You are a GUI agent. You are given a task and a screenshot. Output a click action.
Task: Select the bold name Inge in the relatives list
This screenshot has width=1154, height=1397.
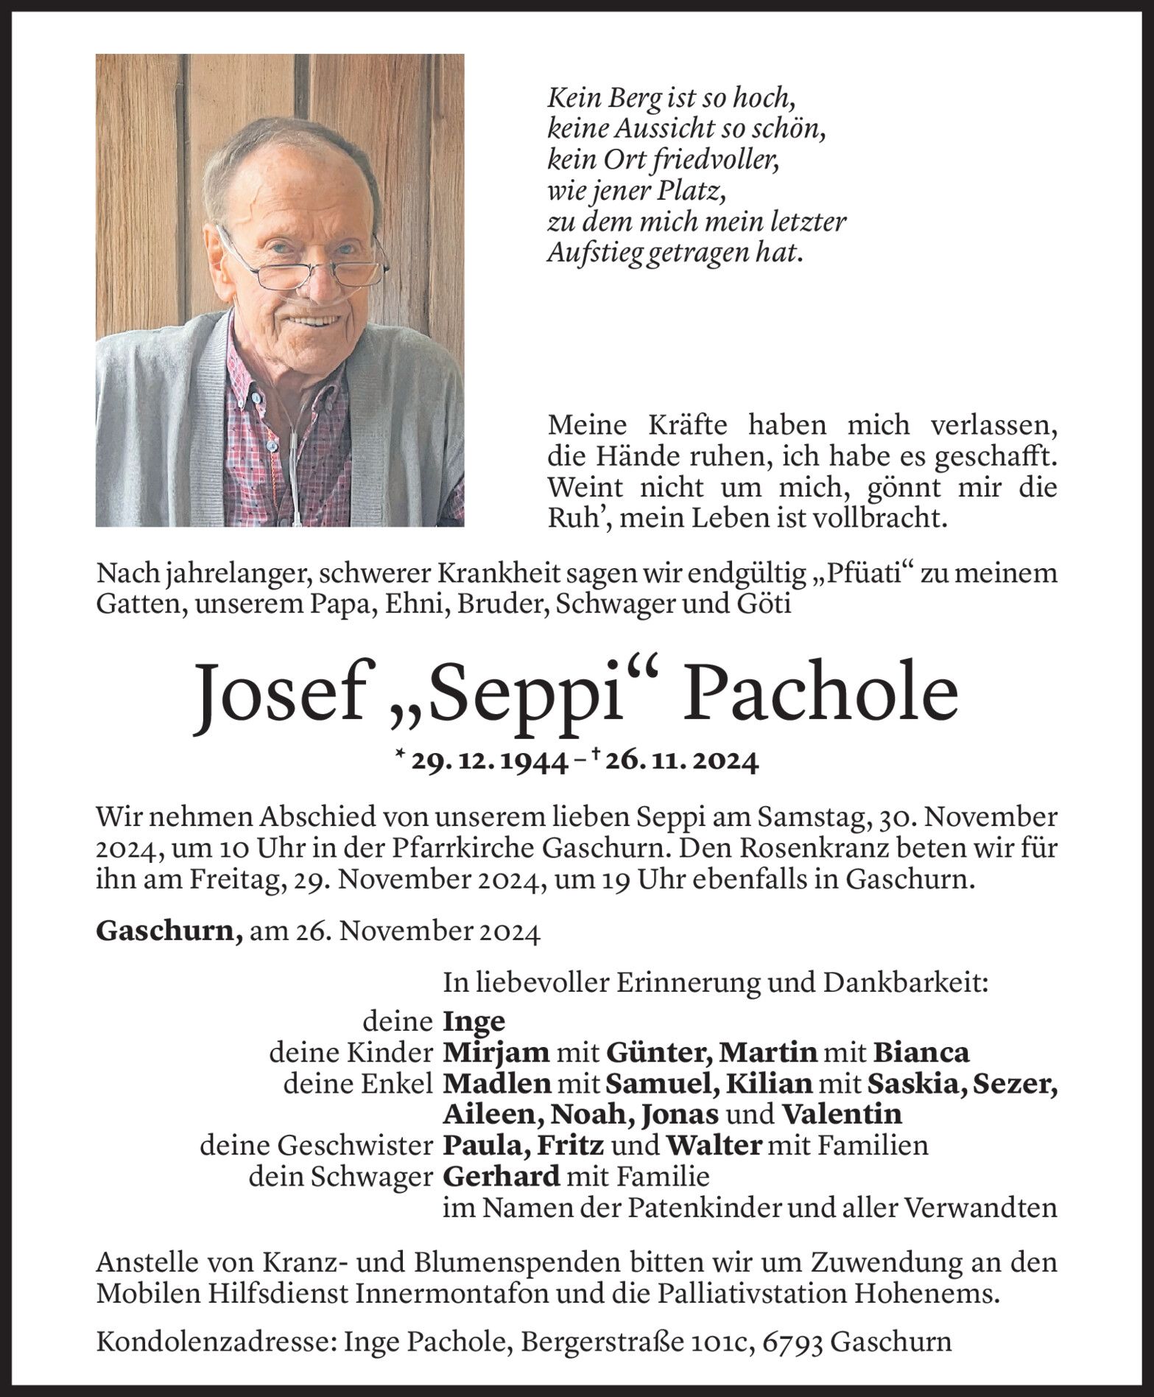(474, 1021)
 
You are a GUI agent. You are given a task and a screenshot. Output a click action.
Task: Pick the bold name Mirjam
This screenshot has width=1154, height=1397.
(496, 1052)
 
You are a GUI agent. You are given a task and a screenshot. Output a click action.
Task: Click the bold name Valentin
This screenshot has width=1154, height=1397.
(840, 1113)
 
